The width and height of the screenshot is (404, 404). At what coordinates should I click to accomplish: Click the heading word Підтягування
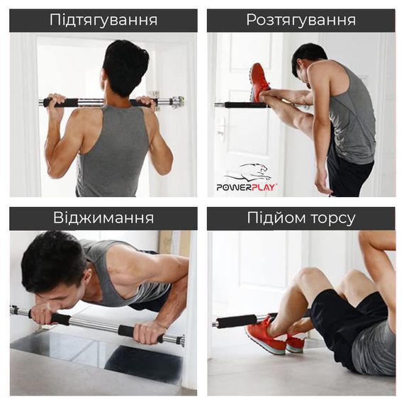coord(103,20)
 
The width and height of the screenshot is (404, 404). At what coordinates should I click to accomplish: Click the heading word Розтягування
coord(301,20)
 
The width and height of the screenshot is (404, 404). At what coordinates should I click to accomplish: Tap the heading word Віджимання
coord(103,218)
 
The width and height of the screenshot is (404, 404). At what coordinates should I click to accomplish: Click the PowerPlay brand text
coord(247,187)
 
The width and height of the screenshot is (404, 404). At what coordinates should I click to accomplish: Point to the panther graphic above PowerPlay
coord(248,172)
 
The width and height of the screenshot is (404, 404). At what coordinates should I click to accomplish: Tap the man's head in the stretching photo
coord(310,60)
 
